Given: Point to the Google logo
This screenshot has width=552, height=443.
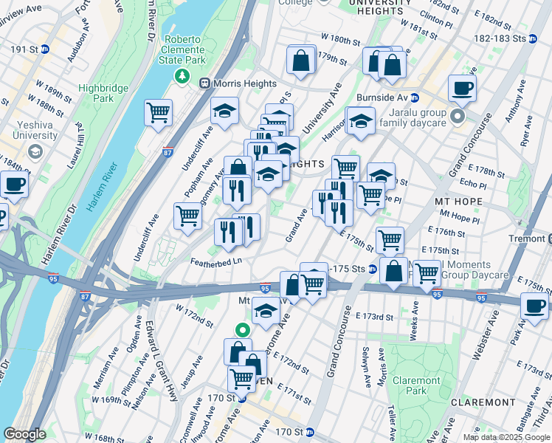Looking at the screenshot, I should (x=24, y=434).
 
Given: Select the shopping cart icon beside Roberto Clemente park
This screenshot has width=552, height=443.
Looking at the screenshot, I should (x=158, y=113).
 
